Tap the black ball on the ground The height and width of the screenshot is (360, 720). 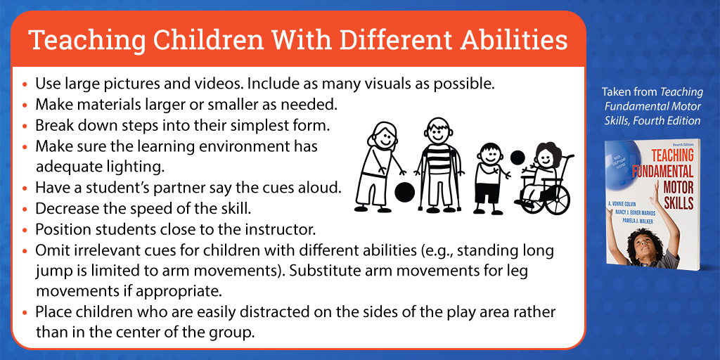point(404,192)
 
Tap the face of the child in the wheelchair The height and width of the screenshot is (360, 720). point(546,157)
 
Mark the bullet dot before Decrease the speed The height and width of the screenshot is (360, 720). point(25,210)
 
